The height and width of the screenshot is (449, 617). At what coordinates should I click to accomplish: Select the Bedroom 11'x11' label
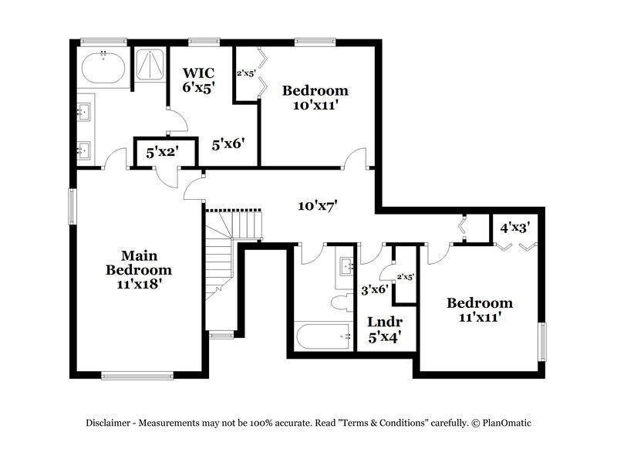(479, 310)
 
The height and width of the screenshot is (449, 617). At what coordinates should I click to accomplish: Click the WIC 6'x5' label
(198, 79)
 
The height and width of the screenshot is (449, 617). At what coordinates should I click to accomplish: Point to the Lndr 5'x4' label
(383, 328)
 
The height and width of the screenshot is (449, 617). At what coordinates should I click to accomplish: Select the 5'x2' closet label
(163, 152)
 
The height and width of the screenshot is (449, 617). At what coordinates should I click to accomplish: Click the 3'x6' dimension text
(375, 291)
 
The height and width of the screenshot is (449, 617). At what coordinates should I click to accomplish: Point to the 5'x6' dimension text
(228, 143)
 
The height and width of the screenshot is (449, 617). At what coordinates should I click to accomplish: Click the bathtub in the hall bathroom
(322, 336)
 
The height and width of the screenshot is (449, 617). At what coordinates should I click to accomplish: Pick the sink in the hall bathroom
(345, 267)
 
